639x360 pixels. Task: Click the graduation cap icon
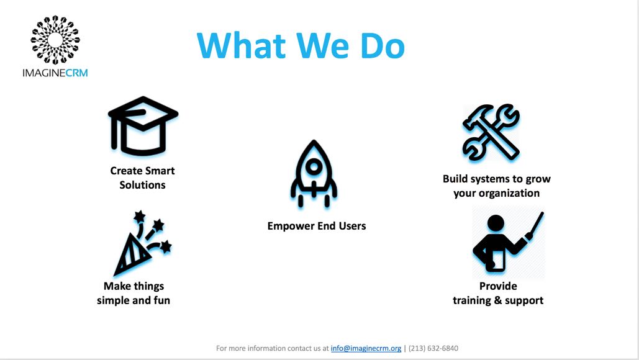pyautogui.click(x=143, y=125)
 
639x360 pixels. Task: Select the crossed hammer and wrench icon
pyautogui.click(x=491, y=132)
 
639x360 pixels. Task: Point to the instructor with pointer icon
pyautogui.click(x=506, y=243)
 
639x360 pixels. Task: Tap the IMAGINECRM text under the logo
pyautogui.click(x=55, y=73)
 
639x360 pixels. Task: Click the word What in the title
pyautogui.click(x=237, y=45)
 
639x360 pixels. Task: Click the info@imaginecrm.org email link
pyautogui.click(x=366, y=348)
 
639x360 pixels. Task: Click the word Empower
pyautogui.click(x=291, y=226)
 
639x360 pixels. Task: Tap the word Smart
pyautogui.click(x=160, y=171)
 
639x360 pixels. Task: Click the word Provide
pyautogui.click(x=498, y=286)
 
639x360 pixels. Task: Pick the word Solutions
pyautogui.click(x=142, y=185)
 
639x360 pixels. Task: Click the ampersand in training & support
pyautogui.click(x=501, y=300)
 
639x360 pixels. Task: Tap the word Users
pyautogui.click(x=352, y=226)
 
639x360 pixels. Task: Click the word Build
pyautogui.click(x=456, y=179)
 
